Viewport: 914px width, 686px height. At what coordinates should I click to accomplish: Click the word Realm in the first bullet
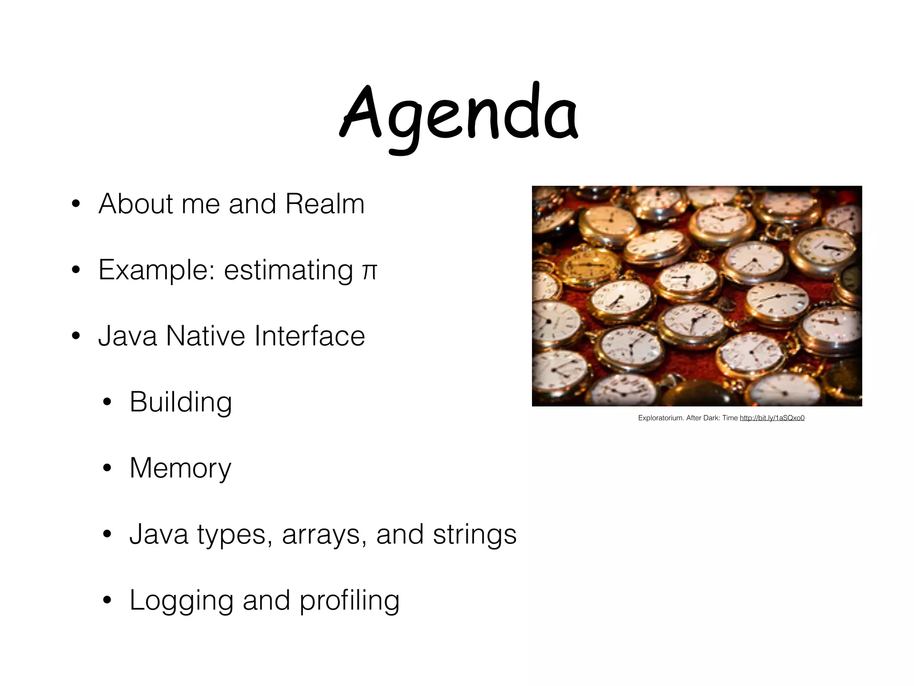325,204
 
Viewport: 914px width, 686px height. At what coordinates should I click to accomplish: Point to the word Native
205,336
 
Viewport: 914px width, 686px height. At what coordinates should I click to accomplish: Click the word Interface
310,336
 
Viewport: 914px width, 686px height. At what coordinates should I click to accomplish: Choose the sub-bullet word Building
181,402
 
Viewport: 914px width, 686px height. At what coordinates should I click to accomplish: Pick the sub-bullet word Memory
180,468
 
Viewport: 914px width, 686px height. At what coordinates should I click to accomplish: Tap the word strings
475,534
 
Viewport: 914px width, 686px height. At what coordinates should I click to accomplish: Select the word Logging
182,600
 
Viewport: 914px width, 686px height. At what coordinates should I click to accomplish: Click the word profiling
349,600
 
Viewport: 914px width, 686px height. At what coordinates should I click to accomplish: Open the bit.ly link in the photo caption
772,418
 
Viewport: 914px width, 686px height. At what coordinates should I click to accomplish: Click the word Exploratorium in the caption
661,418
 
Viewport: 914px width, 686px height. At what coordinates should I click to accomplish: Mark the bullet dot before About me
75,205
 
